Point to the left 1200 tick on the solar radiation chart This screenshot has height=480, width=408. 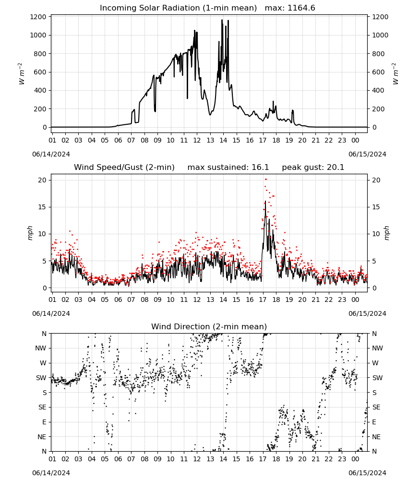38,17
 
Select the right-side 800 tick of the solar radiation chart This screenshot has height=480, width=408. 378,54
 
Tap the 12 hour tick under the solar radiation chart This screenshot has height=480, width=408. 197,140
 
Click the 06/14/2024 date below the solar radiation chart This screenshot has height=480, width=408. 51,154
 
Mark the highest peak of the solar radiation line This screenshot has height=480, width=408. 222,20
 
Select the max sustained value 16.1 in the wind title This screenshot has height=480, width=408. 260,168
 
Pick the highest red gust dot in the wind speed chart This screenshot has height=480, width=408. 265,180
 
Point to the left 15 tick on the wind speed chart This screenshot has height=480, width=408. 42,207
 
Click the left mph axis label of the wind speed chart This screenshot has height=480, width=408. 30,233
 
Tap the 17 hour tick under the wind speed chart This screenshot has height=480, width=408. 263,300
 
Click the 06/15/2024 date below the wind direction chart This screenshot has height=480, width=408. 367,473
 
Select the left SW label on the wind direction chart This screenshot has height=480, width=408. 41,378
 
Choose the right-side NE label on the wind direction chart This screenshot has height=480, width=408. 376,437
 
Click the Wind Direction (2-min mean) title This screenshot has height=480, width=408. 209,326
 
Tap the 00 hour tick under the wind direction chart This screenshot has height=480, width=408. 355,459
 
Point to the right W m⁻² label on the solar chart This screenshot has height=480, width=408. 395,74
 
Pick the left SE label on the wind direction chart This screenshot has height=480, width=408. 42,407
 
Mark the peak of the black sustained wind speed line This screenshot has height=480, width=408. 265,201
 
